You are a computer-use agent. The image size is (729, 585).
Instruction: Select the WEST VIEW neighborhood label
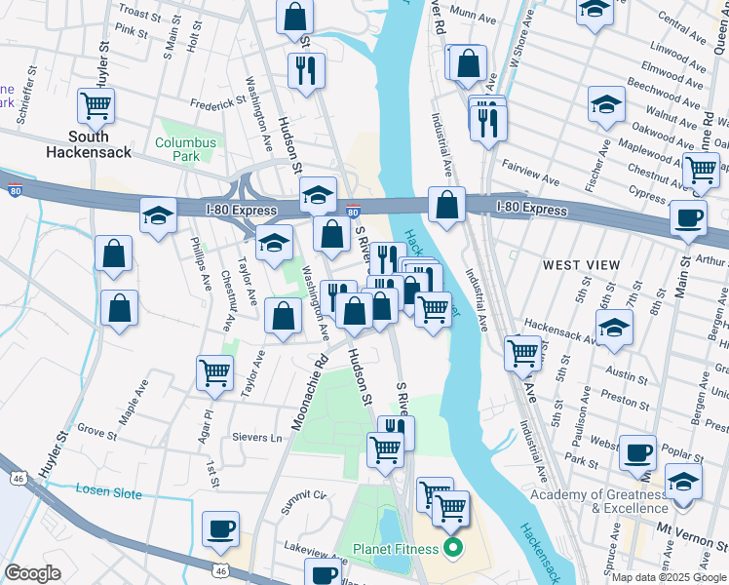(x=581, y=265)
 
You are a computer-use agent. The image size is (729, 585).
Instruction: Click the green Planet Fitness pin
(x=451, y=549)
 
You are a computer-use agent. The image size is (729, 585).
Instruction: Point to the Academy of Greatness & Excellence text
(x=598, y=501)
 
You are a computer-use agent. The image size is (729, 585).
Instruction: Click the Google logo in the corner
(x=32, y=573)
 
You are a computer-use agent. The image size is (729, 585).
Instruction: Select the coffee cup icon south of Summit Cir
(x=220, y=529)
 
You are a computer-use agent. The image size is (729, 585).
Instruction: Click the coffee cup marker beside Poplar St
(x=639, y=453)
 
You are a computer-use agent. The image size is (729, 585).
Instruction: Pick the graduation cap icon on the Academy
(x=683, y=482)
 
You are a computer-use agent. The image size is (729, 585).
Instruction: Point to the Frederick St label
(x=217, y=102)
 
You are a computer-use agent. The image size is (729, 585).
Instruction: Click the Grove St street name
(x=96, y=429)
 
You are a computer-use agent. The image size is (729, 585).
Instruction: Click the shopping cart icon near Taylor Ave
(x=214, y=370)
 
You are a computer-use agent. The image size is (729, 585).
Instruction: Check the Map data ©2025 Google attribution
(x=670, y=577)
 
